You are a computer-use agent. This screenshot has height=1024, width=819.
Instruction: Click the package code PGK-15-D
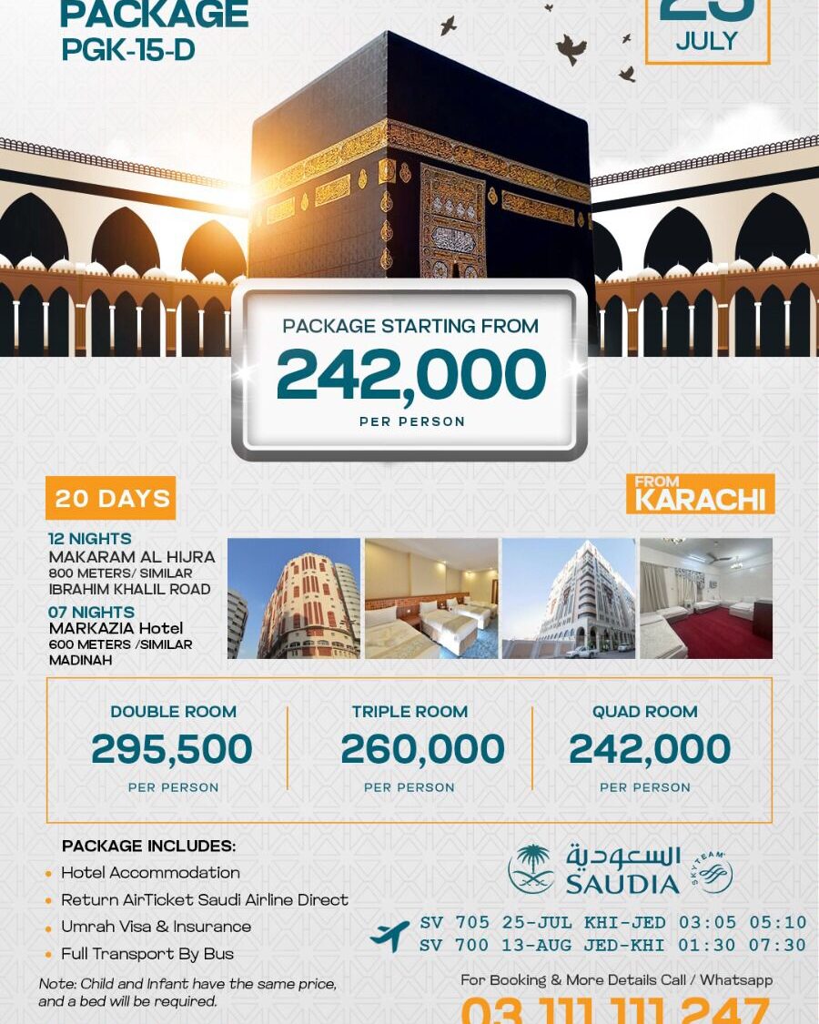click(128, 51)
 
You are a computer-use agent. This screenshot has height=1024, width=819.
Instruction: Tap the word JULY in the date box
click(707, 42)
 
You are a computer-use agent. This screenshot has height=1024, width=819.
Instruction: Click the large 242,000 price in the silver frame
click(410, 374)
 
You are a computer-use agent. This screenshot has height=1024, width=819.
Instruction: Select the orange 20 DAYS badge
click(111, 499)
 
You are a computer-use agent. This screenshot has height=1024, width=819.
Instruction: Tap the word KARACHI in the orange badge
click(700, 500)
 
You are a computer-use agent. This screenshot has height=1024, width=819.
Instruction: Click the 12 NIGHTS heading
click(90, 539)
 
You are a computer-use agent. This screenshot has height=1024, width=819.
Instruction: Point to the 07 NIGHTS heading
click(91, 612)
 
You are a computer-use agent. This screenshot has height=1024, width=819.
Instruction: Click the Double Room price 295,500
click(172, 749)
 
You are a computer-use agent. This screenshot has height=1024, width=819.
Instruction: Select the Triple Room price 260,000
click(422, 749)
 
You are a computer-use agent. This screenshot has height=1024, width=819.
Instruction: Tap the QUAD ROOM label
click(645, 712)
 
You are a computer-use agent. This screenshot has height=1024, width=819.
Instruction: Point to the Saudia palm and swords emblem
click(531, 868)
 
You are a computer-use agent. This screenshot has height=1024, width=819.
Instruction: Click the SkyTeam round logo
click(711, 872)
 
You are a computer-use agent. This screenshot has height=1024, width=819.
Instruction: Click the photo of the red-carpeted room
click(706, 598)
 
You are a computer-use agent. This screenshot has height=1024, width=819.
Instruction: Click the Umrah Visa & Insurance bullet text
click(156, 927)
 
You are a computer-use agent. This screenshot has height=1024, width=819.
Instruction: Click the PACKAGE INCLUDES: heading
click(148, 846)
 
